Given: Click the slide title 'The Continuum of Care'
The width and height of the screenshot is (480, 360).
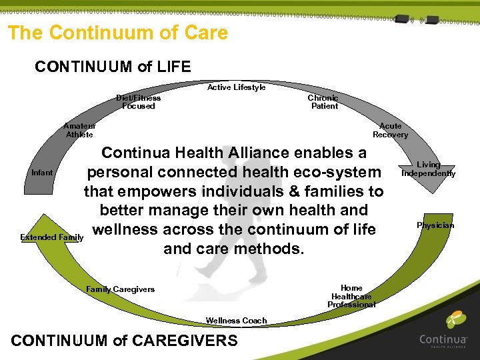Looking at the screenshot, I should click(x=118, y=33).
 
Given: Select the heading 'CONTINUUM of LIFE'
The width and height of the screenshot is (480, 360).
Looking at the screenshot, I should click(x=113, y=67).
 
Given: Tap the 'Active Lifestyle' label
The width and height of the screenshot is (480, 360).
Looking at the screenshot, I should click(x=236, y=87).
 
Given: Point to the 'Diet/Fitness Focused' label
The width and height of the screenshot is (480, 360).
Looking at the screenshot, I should click(x=139, y=102).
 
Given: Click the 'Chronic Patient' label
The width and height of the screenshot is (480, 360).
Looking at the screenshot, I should click(x=323, y=102).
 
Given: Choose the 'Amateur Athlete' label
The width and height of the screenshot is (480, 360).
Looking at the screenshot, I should click(x=79, y=130).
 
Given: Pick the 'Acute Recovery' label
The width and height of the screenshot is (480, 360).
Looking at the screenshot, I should click(x=390, y=130).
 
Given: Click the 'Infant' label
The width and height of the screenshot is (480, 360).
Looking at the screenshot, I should click(x=42, y=173).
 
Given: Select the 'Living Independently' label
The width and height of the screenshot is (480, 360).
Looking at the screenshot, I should click(x=428, y=169).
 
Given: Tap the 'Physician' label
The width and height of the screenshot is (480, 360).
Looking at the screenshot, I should click(x=435, y=225).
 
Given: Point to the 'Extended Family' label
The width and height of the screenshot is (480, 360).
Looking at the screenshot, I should click(x=51, y=237).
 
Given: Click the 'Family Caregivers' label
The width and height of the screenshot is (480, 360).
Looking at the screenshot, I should click(x=120, y=289).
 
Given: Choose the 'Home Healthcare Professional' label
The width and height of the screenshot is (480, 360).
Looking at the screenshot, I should click(x=351, y=297).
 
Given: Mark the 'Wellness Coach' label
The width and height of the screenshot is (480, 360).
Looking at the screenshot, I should click(x=236, y=321).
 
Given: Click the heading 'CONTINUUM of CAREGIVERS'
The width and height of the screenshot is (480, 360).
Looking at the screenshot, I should click(x=125, y=341).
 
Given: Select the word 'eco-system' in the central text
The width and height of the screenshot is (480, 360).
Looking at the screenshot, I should click(x=340, y=173).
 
